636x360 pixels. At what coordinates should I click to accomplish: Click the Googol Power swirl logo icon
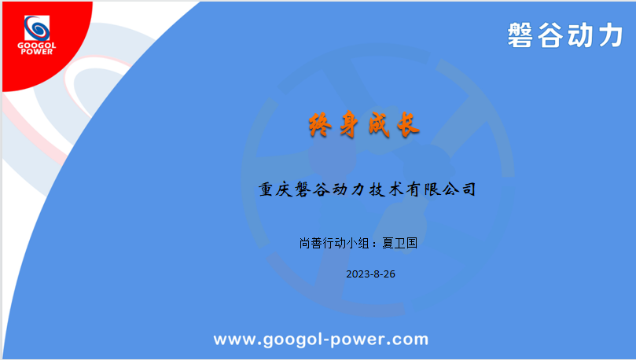click(37, 28)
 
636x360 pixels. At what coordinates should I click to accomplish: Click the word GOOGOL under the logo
click(37, 46)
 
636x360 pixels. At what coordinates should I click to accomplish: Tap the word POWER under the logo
click(37, 52)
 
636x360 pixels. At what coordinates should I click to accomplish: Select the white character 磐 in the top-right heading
click(520, 35)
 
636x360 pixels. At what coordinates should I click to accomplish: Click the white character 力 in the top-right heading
click(611, 35)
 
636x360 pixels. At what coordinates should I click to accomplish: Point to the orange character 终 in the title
click(320, 124)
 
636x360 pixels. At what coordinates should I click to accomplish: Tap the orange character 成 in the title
click(379, 124)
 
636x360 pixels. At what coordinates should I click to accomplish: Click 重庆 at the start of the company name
click(276, 189)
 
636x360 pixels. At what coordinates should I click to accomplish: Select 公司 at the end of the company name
click(459, 189)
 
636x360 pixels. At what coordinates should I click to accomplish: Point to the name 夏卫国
click(400, 243)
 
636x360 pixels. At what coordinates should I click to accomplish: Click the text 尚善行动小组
click(334, 243)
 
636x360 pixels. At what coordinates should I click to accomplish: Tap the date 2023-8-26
click(371, 274)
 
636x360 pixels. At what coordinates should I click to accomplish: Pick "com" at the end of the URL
click(409, 340)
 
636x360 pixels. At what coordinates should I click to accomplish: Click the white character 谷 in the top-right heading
click(550, 35)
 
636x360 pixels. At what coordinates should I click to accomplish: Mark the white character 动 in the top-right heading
click(580, 35)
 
